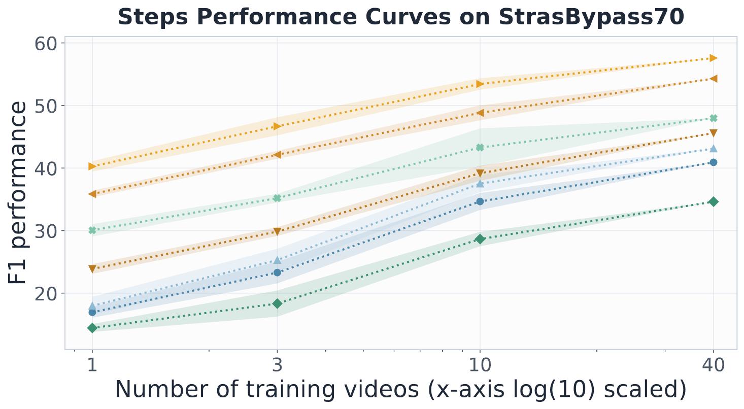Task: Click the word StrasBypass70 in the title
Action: tap(591, 17)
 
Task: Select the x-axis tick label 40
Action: tap(713, 365)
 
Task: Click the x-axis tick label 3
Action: tap(277, 365)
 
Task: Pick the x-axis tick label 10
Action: tap(480, 365)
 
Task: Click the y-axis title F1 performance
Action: tap(17, 193)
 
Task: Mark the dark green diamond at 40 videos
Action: tap(713, 202)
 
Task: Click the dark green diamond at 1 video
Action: tap(92, 328)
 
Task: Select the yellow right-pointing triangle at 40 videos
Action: tap(714, 58)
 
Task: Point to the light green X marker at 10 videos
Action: tap(480, 147)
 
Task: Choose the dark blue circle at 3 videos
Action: tap(277, 272)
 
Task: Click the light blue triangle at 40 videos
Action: tap(713, 148)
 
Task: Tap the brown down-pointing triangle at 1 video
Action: tap(92, 268)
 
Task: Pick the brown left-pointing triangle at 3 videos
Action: tap(277, 155)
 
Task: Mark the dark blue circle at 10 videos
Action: tap(480, 201)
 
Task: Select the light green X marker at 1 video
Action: tap(92, 230)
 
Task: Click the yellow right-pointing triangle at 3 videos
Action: tap(278, 126)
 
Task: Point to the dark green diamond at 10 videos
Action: tap(480, 239)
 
